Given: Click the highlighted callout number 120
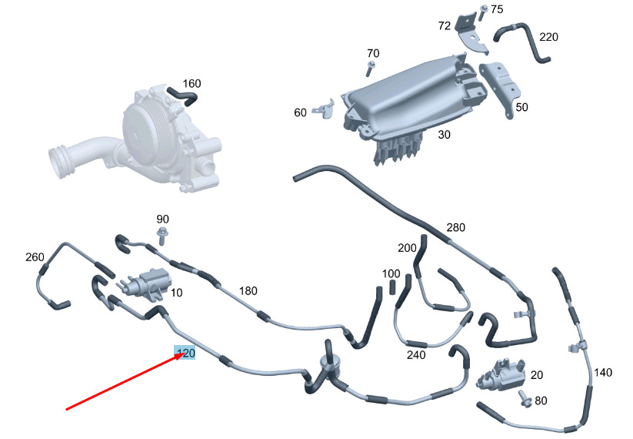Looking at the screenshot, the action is (x=185, y=353).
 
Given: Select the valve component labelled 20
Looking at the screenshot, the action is (x=501, y=374).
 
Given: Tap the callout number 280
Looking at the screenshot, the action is (x=456, y=227).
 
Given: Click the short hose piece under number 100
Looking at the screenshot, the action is (x=391, y=287).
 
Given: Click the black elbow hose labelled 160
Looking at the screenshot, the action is (x=182, y=96).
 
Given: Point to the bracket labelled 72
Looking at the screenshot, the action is (x=471, y=34).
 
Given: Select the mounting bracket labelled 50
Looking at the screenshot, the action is (x=500, y=88).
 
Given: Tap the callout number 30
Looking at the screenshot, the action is (x=444, y=135).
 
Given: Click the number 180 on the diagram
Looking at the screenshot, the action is (x=248, y=290).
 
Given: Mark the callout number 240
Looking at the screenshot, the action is (x=416, y=354).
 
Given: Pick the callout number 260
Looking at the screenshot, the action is (x=35, y=257).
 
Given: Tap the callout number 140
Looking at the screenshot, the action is (x=603, y=372).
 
